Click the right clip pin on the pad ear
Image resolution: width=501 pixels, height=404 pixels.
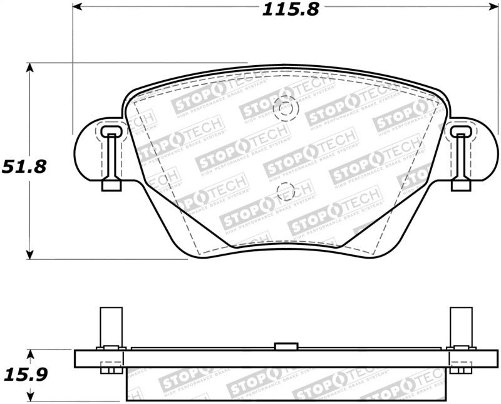point(462,159)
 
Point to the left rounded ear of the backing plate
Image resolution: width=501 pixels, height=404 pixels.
point(88,150)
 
